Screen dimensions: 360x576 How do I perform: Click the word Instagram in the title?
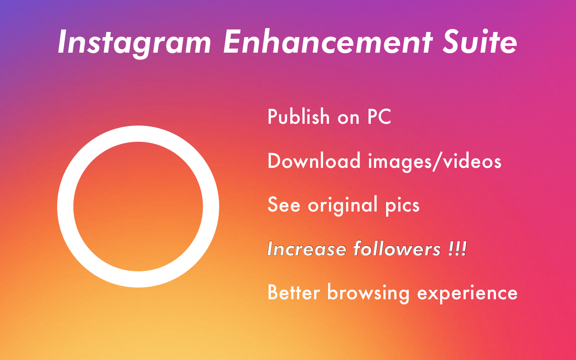134,42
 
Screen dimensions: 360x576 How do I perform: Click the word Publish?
298,117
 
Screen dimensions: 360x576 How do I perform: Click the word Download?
314,161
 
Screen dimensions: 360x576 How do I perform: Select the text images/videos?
435,161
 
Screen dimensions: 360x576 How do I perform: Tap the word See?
284,205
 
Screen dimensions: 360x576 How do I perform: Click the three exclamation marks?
457,248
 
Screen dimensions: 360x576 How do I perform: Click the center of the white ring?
138,207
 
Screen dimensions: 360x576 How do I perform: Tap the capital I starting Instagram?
63,42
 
